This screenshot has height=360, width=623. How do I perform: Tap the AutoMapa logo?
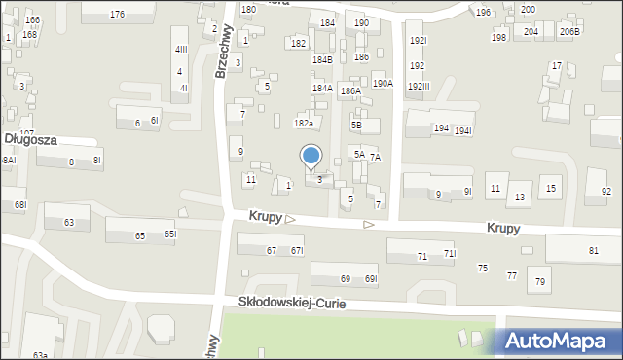click(x=558, y=341)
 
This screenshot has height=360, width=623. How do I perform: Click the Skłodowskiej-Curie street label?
click(x=292, y=304)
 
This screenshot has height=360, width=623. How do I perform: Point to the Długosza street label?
click(x=29, y=140)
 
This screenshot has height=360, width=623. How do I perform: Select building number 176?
click(x=117, y=14)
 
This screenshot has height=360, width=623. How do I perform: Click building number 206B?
click(x=569, y=32)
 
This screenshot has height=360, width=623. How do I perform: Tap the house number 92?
click(x=606, y=191)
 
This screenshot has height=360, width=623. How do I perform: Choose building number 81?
click(x=594, y=251)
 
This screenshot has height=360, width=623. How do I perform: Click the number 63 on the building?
click(x=68, y=223)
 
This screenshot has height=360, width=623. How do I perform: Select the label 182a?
click(x=304, y=124)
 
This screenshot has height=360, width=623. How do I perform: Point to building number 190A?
click(x=383, y=84)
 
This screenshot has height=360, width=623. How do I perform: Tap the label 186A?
click(x=350, y=90)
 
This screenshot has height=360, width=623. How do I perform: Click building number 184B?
click(x=322, y=60)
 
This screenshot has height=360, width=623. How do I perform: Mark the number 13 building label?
click(x=520, y=198)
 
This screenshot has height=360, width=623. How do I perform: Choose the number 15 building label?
click(x=551, y=189)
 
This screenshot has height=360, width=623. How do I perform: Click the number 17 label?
click(x=556, y=66)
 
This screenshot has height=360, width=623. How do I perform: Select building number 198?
click(x=498, y=38)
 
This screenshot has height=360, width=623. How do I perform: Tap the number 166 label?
click(x=33, y=20)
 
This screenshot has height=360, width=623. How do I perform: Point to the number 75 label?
click(x=482, y=268)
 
